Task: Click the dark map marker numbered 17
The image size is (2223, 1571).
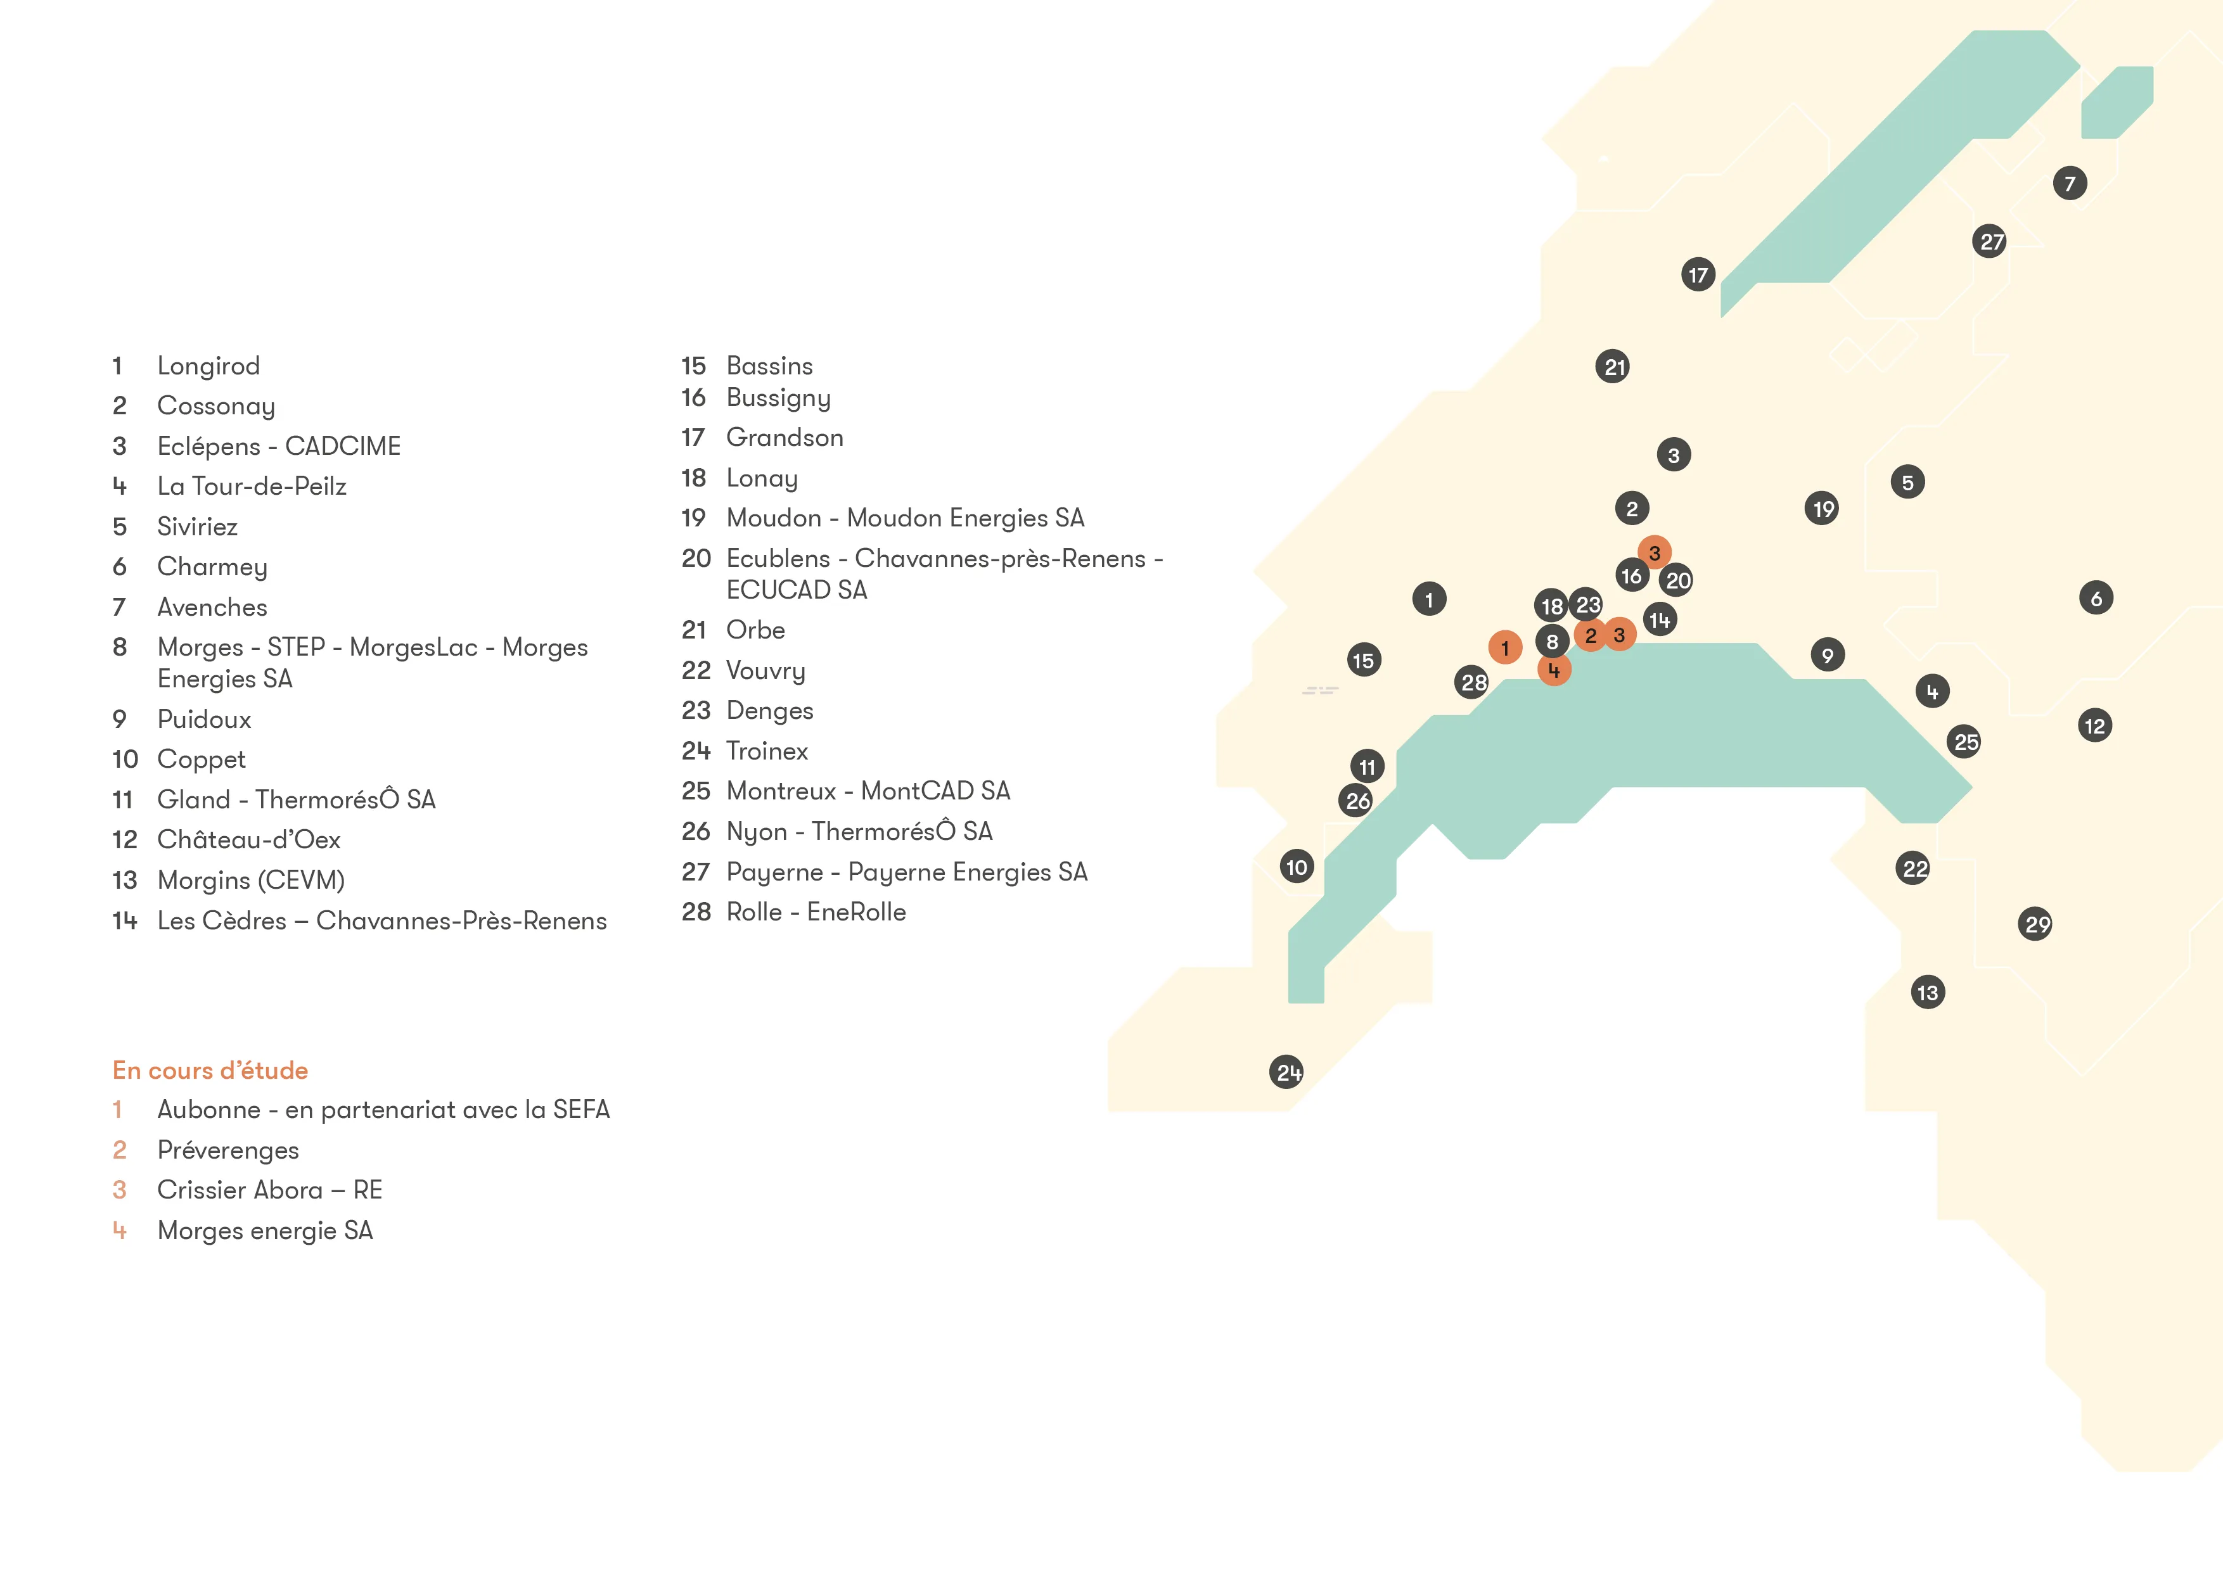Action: pyautogui.click(x=1698, y=275)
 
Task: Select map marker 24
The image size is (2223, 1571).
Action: pyautogui.click(x=1287, y=1072)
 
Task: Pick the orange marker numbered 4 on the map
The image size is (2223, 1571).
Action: pyautogui.click(x=1554, y=669)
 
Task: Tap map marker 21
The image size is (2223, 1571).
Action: pyautogui.click(x=1613, y=367)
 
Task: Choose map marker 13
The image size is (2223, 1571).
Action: pyautogui.click(x=1928, y=992)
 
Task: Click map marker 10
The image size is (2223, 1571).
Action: pyautogui.click(x=1297, y=867)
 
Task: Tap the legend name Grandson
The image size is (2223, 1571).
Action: pyautogui.click(x=785, y=438)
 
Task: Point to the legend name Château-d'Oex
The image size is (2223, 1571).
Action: pyautogui.click(x=249, y=839)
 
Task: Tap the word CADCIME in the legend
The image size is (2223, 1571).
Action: pyautogui.click(x=343, y=446)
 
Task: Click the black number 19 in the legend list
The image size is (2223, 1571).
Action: pyautogui.click(x=693, y=518)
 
